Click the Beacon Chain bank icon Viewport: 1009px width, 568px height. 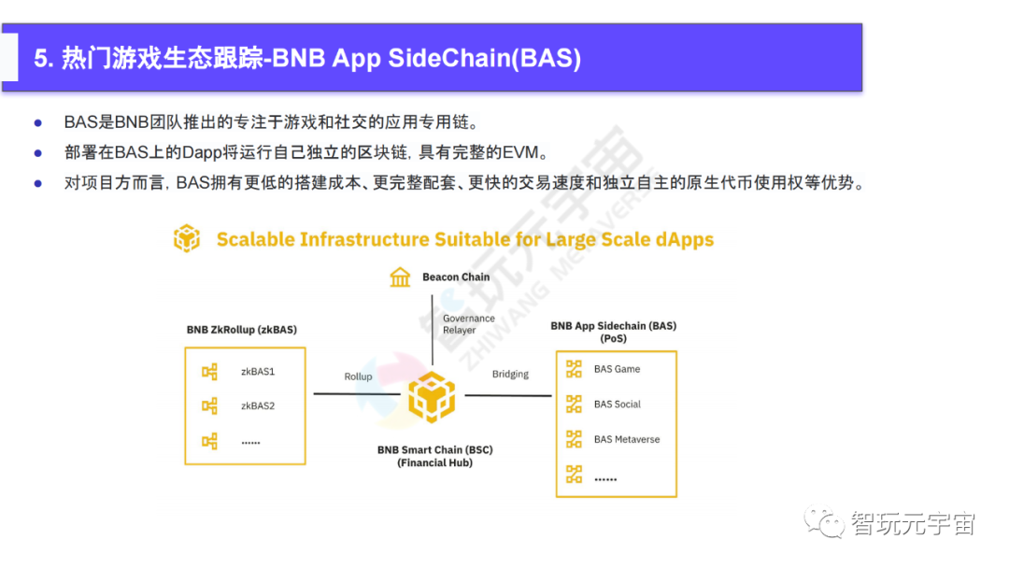click(401, 277)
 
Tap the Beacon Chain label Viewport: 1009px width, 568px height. click(456, 277)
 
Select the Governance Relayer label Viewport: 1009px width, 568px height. click(468, 324)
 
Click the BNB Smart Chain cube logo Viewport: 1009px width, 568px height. click(432, 397)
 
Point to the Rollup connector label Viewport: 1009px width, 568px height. click(358, 376)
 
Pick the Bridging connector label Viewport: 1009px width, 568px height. click(510, 375)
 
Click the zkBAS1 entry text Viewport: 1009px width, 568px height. click(258, 372)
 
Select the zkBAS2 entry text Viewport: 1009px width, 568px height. click(258, 406)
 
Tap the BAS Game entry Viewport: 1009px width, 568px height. click(617, 369)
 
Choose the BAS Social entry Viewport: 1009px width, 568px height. click(618, 405)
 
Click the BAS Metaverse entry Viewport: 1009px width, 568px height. click(626, 439)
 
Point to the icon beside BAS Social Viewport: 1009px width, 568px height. click(574, 405)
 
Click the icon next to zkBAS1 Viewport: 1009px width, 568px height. click(209, 372)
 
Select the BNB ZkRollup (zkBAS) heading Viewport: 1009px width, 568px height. click(242, 330)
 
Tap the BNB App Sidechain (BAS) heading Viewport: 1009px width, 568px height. click(613, 326)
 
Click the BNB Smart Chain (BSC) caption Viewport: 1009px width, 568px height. click(434, 450)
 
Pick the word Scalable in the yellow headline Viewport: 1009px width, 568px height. click(254, 239)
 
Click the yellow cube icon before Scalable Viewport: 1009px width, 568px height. click(187, 238)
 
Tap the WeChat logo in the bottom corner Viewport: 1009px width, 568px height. click(825, 522)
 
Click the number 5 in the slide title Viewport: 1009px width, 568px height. click(41, 59)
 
